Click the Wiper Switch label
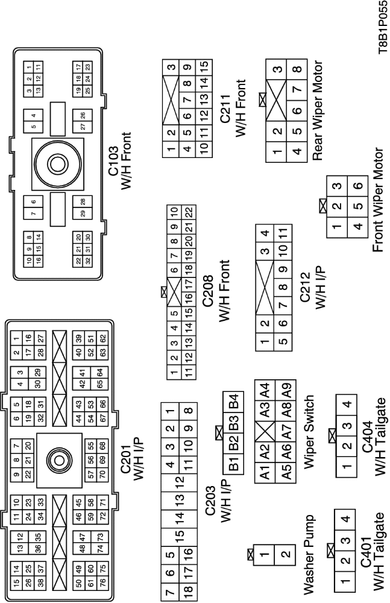tap(309, 432)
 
